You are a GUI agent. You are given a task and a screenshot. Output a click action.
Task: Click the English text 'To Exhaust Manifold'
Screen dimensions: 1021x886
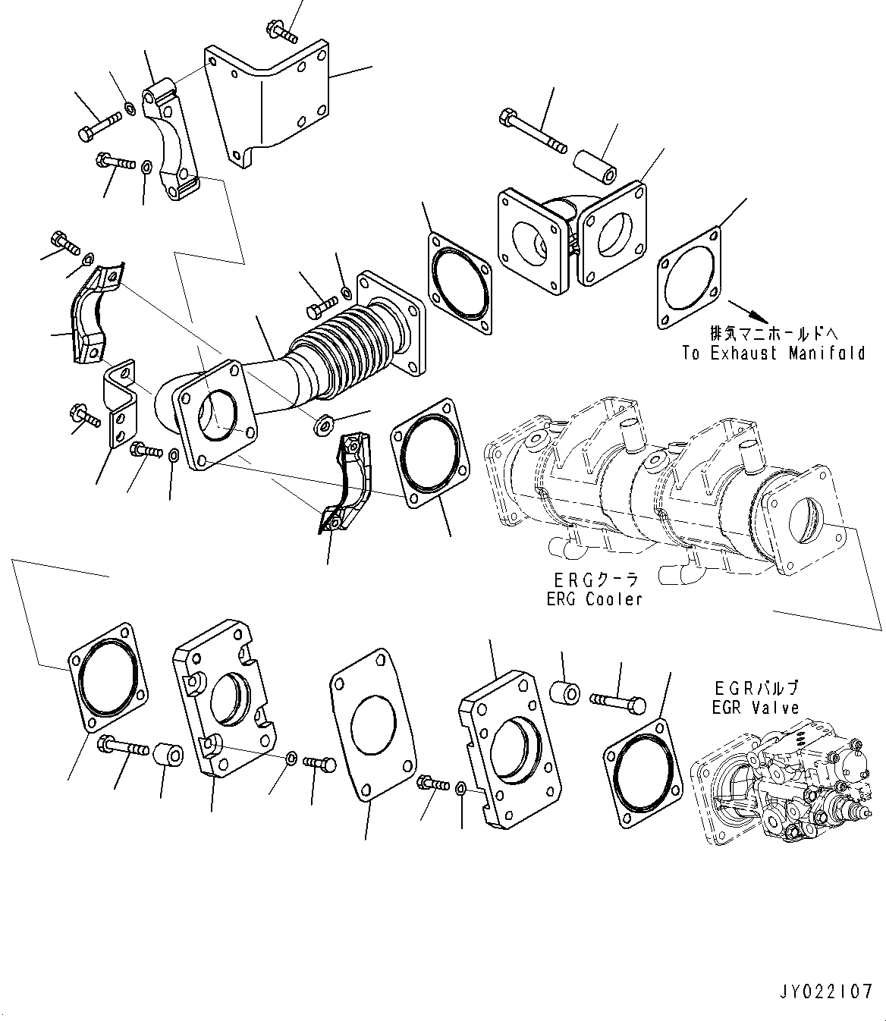pos(773,353)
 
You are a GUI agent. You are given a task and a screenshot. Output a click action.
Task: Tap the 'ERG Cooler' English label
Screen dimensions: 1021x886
pos(594,599)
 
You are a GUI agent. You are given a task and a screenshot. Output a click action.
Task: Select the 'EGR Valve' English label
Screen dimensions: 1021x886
pos(756,708)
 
